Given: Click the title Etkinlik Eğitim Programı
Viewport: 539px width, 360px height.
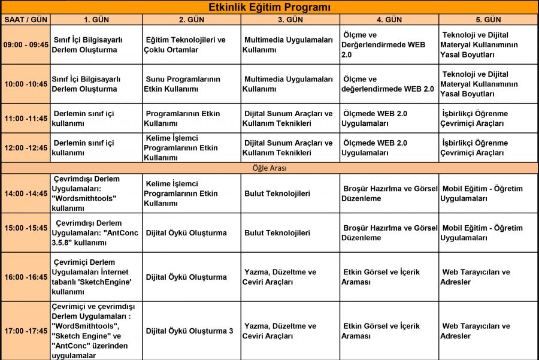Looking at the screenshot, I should point(269,7).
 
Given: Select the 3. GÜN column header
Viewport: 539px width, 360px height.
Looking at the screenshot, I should point(290,20).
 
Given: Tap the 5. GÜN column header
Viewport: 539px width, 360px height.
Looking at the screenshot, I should point(488,20).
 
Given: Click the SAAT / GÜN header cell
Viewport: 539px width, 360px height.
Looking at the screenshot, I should point(25,20).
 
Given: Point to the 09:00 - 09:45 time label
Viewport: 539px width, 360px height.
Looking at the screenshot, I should point(25,45).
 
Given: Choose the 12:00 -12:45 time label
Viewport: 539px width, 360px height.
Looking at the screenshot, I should point(25,148).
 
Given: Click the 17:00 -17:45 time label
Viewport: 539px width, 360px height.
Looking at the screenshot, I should point(25,331).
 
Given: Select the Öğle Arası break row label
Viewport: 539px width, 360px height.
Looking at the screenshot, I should point(269,168).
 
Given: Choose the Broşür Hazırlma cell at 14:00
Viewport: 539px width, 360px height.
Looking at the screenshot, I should point(389,193).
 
